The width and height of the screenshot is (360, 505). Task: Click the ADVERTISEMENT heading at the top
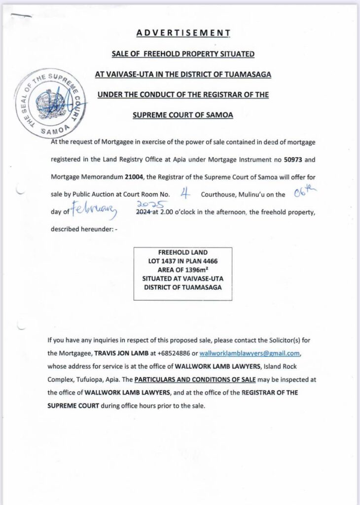[183, 33]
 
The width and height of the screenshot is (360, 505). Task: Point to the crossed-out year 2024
[144, 212]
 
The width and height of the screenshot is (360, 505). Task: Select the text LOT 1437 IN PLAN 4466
[182, 260]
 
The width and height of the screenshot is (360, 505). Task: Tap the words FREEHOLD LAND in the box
[182, 252]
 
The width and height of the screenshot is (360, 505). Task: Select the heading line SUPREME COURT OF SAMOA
[183, 114]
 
